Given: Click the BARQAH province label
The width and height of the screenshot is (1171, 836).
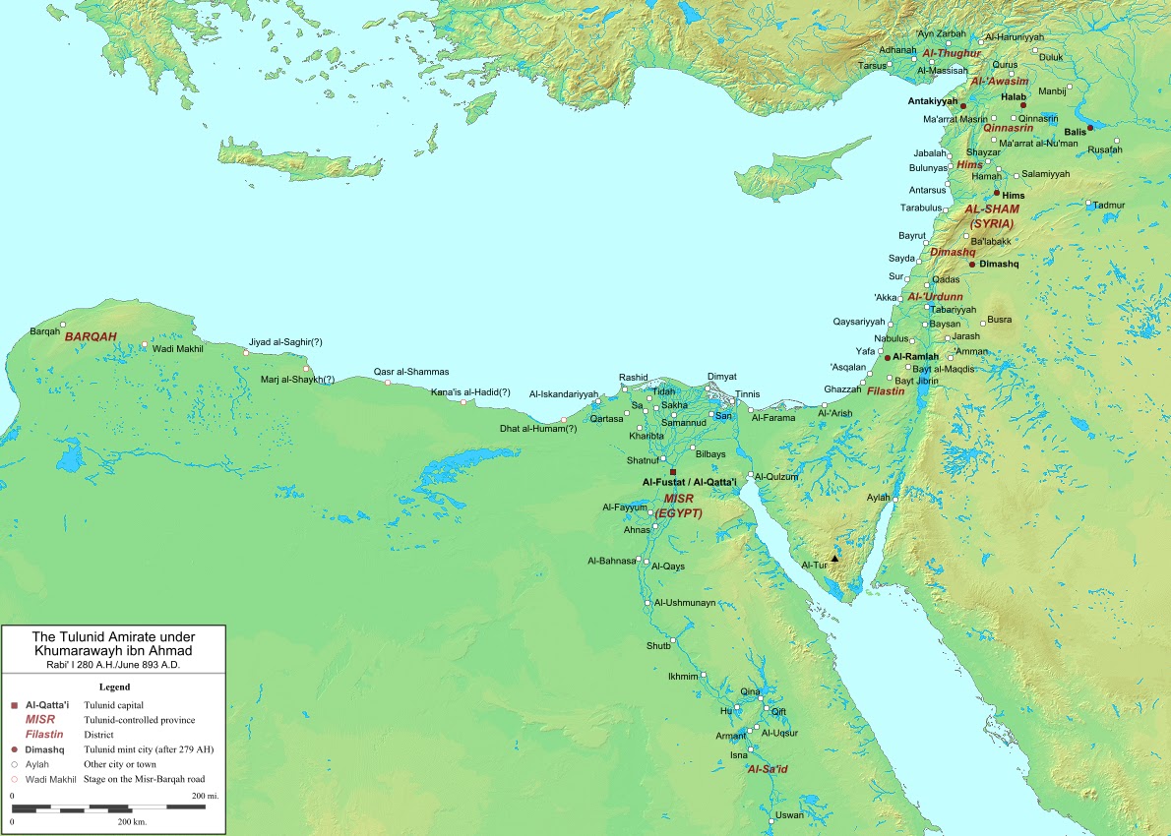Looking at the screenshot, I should pyautogui.click(x=91, y=336).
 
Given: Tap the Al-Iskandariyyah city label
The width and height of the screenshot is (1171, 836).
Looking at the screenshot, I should pyautogui.click(x=563, y=393).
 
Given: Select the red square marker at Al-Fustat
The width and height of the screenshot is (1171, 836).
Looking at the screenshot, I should pyautogui.click(x=673, y=472).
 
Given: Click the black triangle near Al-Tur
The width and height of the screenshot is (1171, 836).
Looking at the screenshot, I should pyautogui.click(x=834, y=559).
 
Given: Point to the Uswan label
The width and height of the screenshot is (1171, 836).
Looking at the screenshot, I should pyautogui.click(x=789, y=815).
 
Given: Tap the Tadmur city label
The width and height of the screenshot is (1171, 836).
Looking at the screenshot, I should pyautogui.click(x=1108, y=205).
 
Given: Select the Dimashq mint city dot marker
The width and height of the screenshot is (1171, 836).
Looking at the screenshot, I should pyautogui.click(x=972, y=265).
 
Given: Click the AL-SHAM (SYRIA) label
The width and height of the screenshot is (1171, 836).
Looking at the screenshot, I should pyautogui.click(x=991, y=216).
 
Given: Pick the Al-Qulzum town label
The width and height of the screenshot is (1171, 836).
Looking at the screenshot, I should pyautogui.click(x=776, y=476).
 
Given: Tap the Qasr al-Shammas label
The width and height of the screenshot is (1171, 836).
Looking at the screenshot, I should pyautogui.click(x=411, y=372).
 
